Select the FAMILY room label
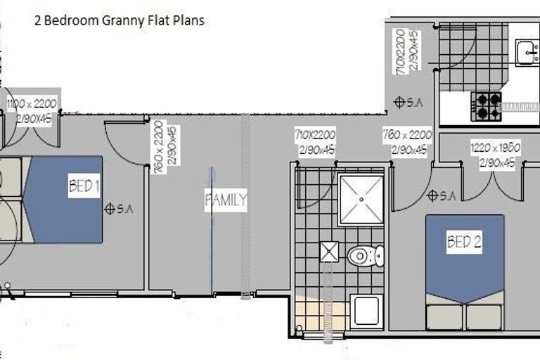click(x=225, y=200)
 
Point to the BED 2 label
click(x=464, y=243)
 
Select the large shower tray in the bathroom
click(x=361, y=200)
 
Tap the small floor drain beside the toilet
click(x=329, y=251)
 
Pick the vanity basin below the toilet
click(x=366, y=311)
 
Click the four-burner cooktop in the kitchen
click(x=487, y=105)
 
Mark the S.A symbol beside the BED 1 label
click(x=110, y=209)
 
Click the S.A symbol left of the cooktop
click(x=399, y=102)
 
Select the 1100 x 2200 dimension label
click(x=31, y=104)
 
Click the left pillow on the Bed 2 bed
click(x=446, y=316)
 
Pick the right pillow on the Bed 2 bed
click(x=484, y=316)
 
